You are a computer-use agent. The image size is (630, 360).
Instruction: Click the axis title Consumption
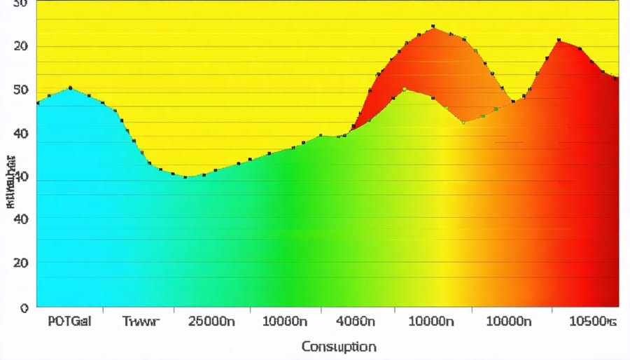click(x=339, y=347)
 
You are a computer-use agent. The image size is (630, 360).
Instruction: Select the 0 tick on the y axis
click(x=24, y=307)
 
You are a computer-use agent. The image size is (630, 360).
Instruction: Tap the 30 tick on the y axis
click(x=21, y=4)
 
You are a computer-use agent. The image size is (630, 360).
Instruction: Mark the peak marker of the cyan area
click(x=70, y=88)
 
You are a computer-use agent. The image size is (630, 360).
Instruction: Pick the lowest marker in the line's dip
click(x=185, y=177)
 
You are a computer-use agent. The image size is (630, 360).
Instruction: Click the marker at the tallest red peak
click(x=433, y=27)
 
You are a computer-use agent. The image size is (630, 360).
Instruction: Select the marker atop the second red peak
click(x=559, y=41)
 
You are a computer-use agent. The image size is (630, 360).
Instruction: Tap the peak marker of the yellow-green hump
click(x=404, y=89)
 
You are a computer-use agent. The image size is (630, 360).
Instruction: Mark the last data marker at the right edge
click(x=616, y=78)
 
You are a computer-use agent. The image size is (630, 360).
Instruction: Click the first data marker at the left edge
click(x=37, y=103)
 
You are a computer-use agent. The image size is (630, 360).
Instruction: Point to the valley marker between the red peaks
click(x=513, y=102)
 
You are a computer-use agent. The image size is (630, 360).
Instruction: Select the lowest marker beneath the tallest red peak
click(x=463, y=123)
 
